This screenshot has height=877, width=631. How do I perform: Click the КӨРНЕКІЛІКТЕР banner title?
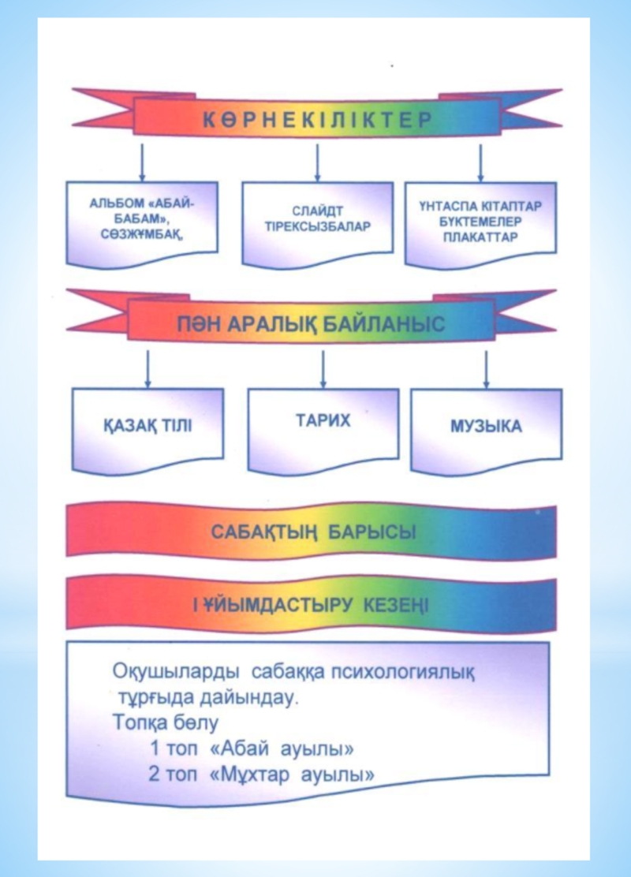pyautogui.click(x=316, y=121)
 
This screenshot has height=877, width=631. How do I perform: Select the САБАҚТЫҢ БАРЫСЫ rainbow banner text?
pyautogui.click(x=313, y=532)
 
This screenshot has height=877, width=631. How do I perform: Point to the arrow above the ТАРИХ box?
pyautogui.click(x=323, y=368)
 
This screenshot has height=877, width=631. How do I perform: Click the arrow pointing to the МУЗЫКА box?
pyautogui.click(x=486, y=369)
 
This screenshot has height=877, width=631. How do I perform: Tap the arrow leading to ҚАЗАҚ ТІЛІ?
pyautogui.click(x=147, y=369)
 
